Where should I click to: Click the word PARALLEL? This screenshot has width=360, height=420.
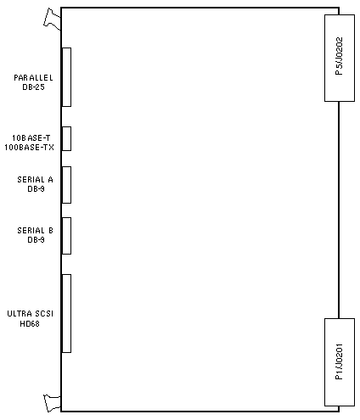33,78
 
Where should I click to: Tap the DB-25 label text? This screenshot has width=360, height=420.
33,87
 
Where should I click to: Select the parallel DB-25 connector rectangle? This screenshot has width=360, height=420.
66,77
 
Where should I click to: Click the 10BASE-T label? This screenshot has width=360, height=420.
31,138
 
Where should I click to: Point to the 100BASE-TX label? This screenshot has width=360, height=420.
29,148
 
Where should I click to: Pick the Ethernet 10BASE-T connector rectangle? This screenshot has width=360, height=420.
66,138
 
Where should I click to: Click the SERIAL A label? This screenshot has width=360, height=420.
35,180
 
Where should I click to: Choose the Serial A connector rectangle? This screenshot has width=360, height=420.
66,185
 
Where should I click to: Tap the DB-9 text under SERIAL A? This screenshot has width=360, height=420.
36,189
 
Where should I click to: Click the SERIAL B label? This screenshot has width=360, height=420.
35,231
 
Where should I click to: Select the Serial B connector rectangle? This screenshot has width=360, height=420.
66,236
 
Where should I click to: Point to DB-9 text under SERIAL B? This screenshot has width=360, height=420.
36,240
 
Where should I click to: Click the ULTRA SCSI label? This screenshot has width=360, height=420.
31,314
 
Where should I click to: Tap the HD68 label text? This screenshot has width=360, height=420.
30,323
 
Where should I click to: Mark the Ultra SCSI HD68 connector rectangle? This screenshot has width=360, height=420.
66,313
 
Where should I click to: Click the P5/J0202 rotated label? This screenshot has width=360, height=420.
339,56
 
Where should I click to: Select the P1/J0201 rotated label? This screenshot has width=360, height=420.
339,361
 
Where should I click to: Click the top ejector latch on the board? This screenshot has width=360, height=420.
53,20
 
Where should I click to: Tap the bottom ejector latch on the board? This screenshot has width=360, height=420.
53,403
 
